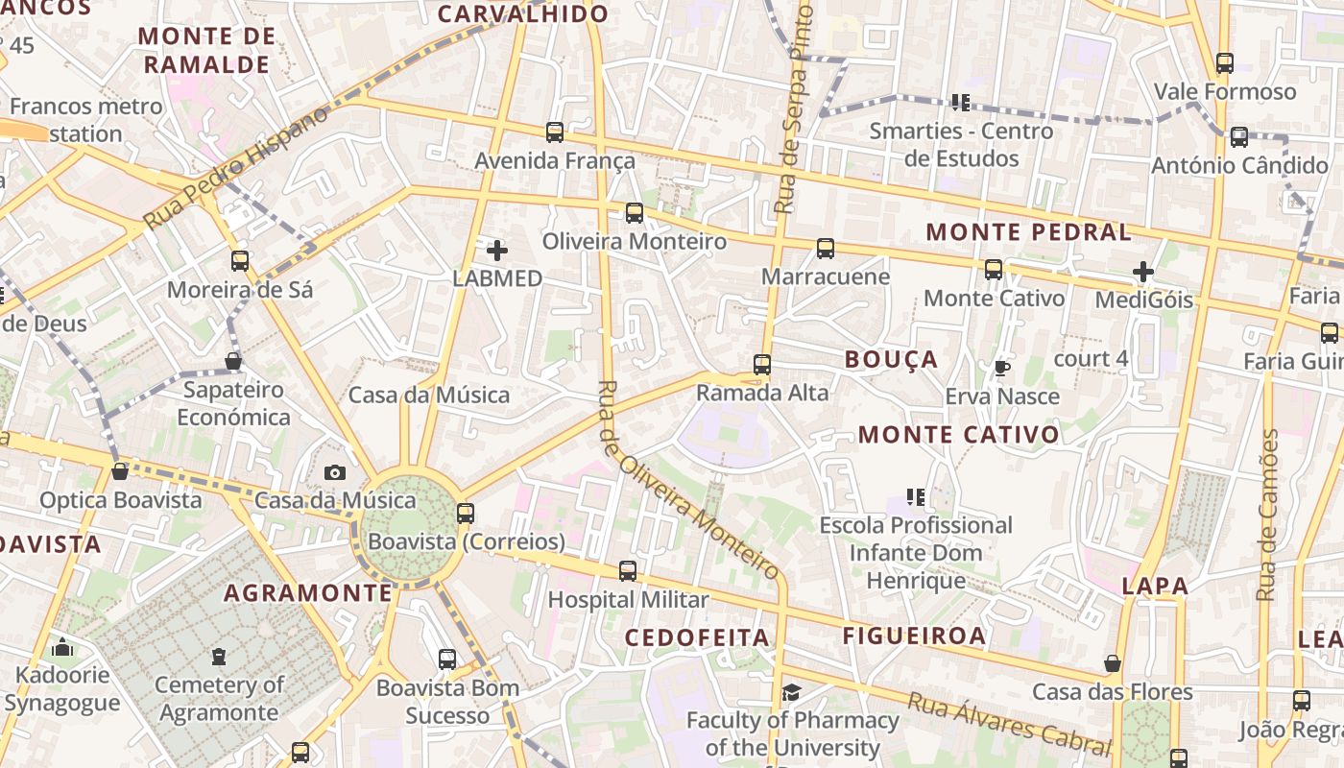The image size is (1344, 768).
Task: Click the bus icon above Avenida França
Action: coord(554,132)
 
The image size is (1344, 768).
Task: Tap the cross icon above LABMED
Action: coord(497,252)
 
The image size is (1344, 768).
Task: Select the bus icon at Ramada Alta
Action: coord(762,365)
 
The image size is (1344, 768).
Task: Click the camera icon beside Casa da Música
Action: coord(334,472)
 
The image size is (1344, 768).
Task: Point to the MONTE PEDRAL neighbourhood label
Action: coord(1028,232)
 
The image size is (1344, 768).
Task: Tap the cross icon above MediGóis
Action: coord(1142,273)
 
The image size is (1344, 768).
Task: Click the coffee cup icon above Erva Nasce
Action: coord(1001,368)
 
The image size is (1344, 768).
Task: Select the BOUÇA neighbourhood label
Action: coord(891,360)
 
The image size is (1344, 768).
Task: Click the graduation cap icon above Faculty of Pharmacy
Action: coord(791,693)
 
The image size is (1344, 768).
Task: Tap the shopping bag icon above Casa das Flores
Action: coord(1112,663)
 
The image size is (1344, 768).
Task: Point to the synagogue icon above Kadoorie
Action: coord(62,648)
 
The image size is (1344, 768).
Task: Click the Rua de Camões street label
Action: coord(1269,515)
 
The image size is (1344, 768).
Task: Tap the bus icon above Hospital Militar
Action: coord(628,571)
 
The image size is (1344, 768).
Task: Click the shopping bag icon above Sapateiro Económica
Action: coord(232,362)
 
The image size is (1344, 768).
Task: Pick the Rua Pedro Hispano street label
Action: coord(235,168)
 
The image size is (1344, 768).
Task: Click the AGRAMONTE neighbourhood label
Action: coord(308,593)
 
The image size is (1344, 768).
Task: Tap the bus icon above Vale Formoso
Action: coord(1224,63)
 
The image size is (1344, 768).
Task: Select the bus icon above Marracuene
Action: coord(826,249)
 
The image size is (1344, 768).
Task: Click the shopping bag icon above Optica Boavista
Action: coord(120,471)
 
